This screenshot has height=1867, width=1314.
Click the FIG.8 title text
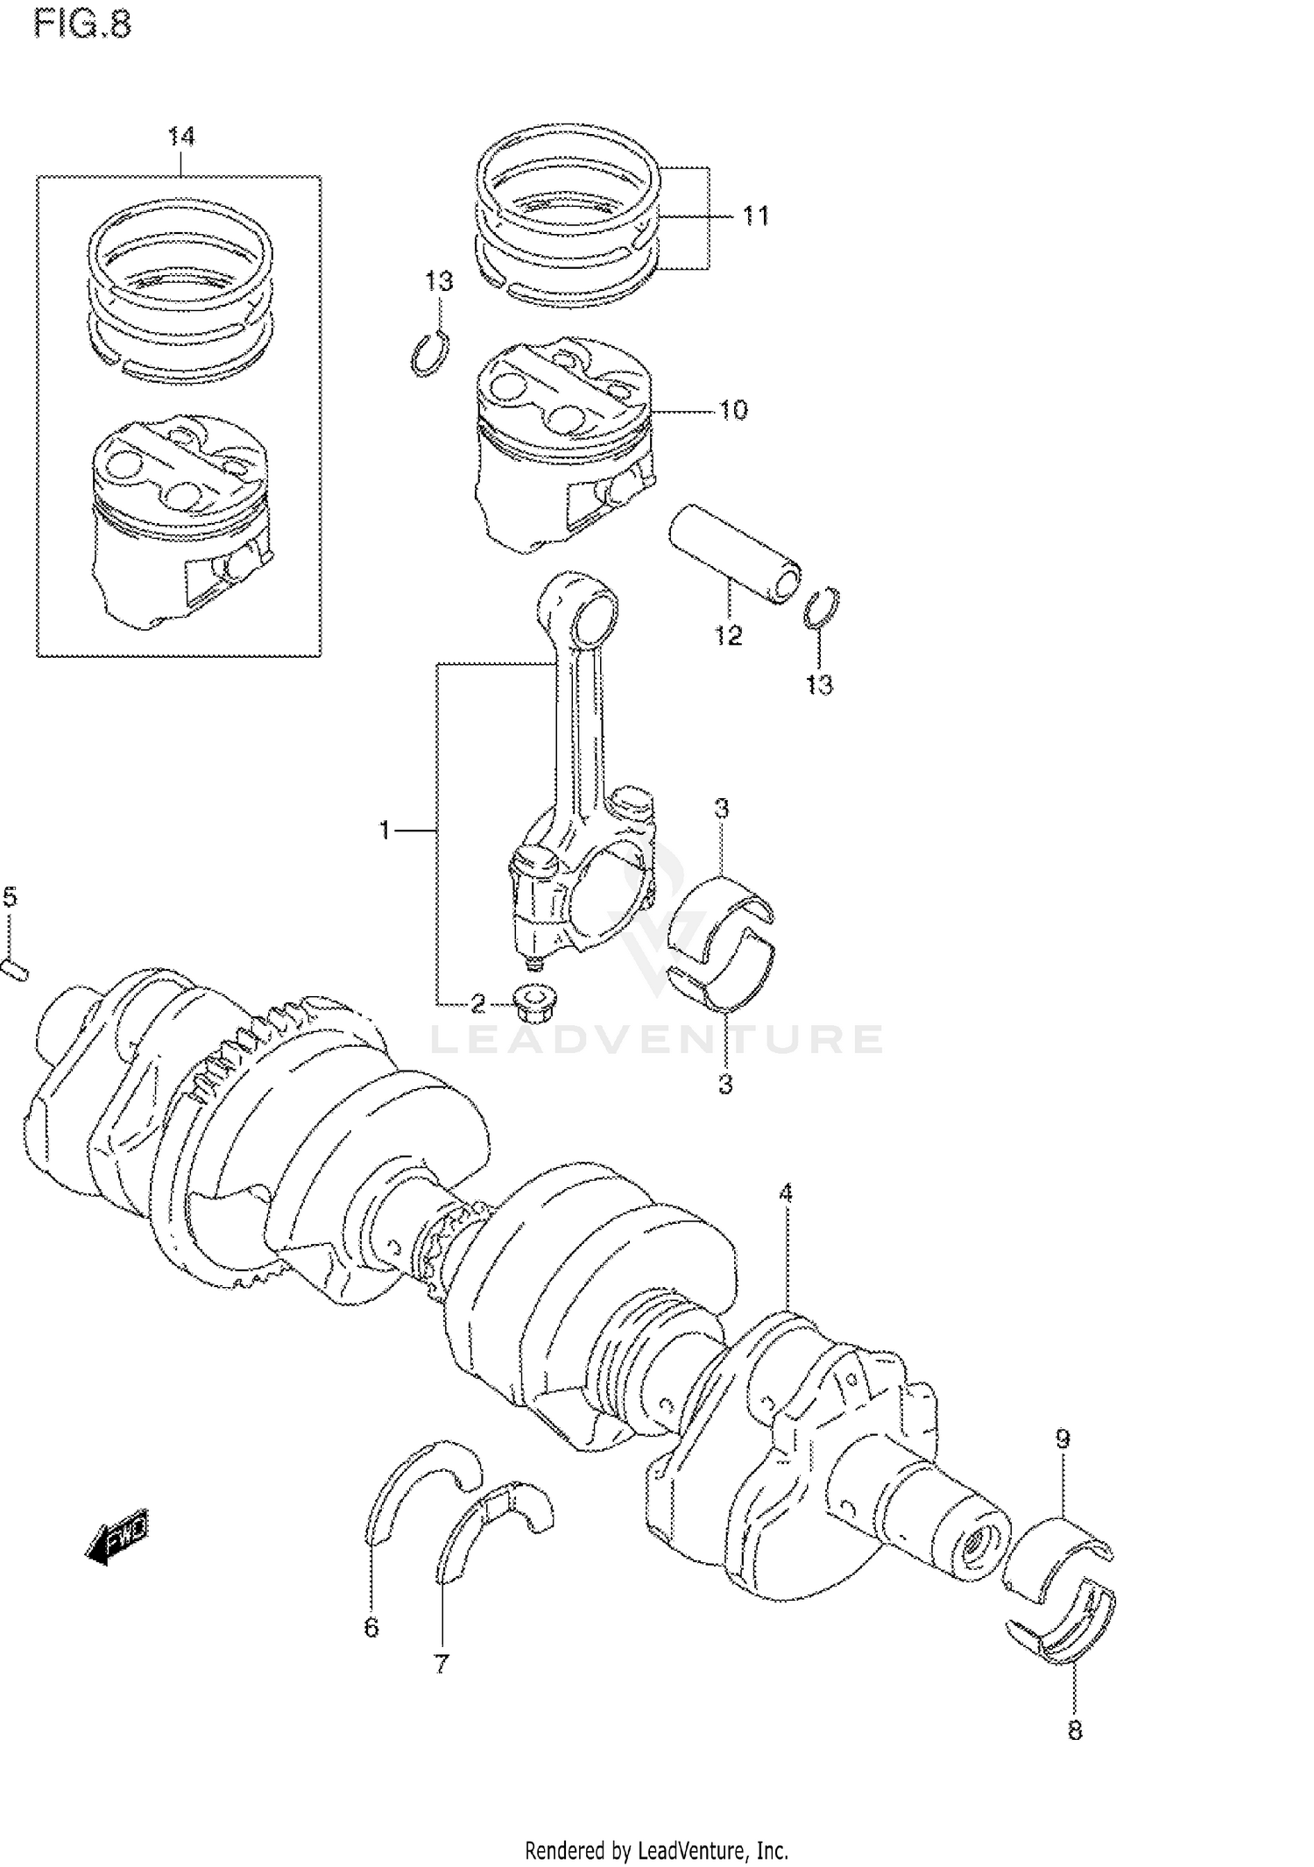pos(82,24)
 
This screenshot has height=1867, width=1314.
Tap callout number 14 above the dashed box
pos(181,137)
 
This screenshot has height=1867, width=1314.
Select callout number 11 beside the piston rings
pos(755,216)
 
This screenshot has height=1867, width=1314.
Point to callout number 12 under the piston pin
pos(728,635)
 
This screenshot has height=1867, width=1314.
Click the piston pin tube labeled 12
pos(734,554)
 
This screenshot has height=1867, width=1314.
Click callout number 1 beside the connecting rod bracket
pos(384,829)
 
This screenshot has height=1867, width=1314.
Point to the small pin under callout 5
pos(15,969)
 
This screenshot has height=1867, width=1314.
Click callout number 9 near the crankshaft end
pos(1062,1438)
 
